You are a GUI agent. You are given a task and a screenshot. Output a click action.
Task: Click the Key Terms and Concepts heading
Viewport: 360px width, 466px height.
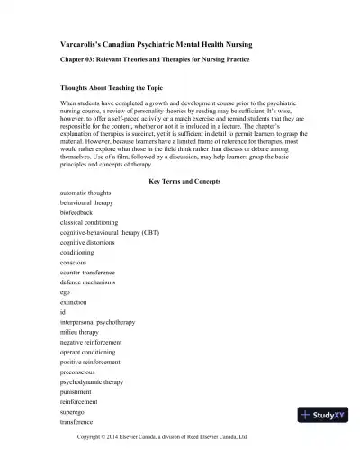point(184,182)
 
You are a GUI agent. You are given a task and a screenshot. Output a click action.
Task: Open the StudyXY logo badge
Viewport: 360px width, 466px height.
point(322,415)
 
